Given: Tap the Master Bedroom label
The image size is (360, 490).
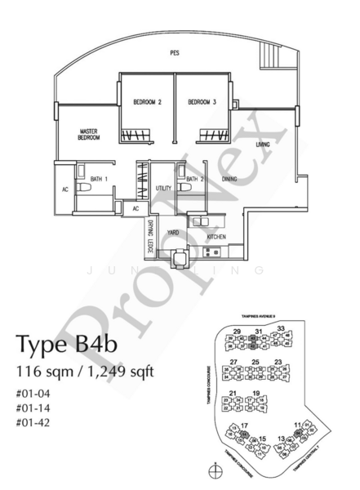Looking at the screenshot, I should click(x=90, y=134).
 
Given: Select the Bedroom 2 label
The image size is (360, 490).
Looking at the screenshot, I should click(x=147, y=102).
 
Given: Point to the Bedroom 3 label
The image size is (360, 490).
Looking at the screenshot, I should click(x=202, y=102).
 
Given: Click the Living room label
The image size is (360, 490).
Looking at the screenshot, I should click(x=262, y=145).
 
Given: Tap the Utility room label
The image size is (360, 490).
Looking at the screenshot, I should click(x=163, y=188).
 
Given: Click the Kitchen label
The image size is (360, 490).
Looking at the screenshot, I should click(x=216, y=238).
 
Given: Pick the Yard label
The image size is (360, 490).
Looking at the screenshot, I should click(x=173, y=233).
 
